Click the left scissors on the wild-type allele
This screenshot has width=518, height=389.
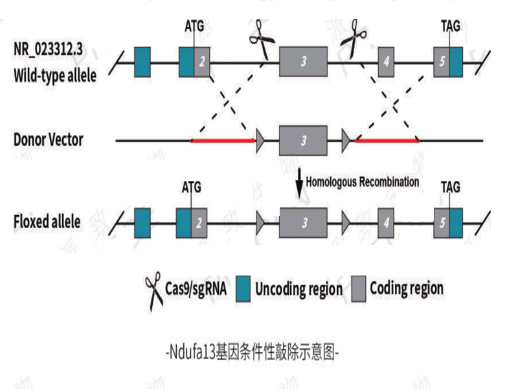[262, 40]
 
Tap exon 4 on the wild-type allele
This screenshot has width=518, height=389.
[387, 62]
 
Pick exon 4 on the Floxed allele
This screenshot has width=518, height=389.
[387, 222]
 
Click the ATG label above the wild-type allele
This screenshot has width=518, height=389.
[194, 27]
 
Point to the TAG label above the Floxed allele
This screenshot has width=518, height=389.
[451, 187]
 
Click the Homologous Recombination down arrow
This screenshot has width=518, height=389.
[299, 183]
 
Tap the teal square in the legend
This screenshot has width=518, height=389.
[243, 287]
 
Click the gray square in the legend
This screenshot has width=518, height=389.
[359, 287]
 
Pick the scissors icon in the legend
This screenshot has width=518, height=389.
[153, 290]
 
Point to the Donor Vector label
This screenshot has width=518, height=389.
[49, 139]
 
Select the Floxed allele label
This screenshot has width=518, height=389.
[47, 222]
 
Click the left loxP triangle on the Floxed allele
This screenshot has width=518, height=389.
[260, 222]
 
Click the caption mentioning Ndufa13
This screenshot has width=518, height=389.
[253, 353]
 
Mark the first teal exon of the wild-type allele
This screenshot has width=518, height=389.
[142, 62]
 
